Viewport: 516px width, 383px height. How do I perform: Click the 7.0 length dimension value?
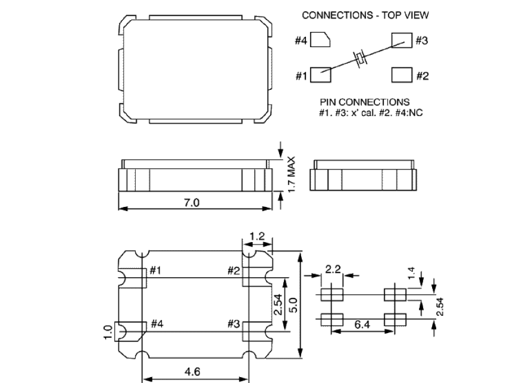pyautogui.click(x=192, y=202)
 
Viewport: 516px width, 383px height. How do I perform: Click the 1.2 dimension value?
pyautogui.click(x=257, y=236)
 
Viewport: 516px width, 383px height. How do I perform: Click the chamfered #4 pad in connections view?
pyautogui.click(x=320, y=41)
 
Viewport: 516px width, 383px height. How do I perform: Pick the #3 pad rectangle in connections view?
pyautogui.click(x=401, y=40)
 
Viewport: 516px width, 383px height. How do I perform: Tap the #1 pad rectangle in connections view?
pyautogui.click(x=320, y=76)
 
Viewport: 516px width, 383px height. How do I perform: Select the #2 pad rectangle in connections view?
pyautogui.click(x=401, y=76)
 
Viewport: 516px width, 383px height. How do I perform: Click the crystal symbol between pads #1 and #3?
pyautogui.click(x=361, y=58)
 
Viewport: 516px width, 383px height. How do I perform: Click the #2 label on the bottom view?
pyautogui.click(x=234, y=271)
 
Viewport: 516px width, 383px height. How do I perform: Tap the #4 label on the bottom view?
pyautogui.click(x=157, y=324)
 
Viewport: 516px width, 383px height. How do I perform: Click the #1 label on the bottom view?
pyautogui.click(x=155, y=271)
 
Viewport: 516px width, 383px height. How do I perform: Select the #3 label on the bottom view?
pyautogui.click(x=234, y=324)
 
